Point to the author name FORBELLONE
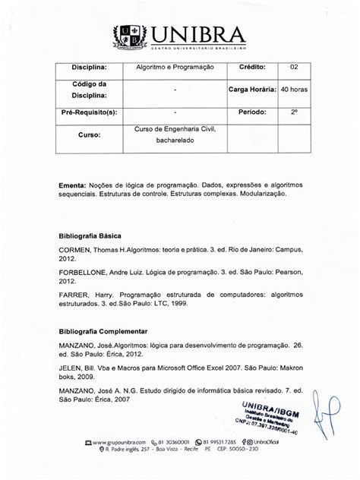point(87,270)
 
